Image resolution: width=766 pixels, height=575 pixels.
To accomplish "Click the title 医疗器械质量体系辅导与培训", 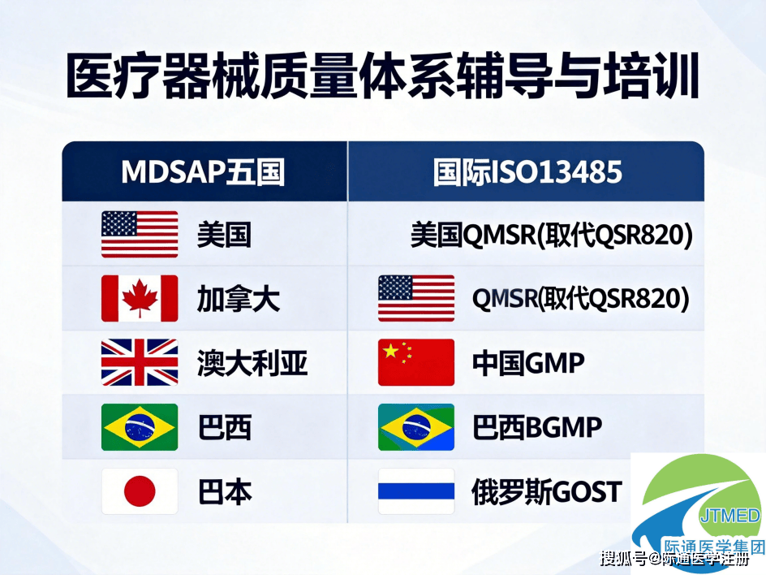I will point(381,78).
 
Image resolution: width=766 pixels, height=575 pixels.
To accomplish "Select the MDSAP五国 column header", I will point(203,172).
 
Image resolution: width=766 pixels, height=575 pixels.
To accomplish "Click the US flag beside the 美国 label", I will point(140,234).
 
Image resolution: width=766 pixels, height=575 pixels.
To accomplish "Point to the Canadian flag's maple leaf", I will point(140,299).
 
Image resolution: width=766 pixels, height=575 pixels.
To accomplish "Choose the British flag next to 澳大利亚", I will point(140,362).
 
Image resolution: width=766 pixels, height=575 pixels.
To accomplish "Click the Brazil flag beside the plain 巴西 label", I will point(140,427).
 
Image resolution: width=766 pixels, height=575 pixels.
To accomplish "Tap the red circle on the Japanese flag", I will point(140,491).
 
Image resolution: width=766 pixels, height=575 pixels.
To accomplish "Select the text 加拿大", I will point(239,299).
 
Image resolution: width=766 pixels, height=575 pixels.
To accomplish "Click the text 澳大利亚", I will point(252,363).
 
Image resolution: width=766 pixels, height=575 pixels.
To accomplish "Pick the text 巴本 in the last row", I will point(225,491).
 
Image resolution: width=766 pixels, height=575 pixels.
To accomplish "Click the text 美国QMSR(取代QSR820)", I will point(552,236).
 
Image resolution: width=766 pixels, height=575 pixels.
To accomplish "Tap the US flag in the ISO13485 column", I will point(416,298).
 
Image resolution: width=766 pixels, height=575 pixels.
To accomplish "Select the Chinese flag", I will point(416,362).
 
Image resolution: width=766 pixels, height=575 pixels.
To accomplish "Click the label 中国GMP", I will point(528,363).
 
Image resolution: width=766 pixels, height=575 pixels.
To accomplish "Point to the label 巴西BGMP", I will point(537,427).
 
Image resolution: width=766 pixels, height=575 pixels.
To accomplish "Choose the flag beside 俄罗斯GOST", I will point(416,491).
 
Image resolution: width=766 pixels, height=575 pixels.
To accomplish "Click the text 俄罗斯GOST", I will point(547,491).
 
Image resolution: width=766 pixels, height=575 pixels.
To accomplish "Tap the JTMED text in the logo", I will point(729,516).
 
